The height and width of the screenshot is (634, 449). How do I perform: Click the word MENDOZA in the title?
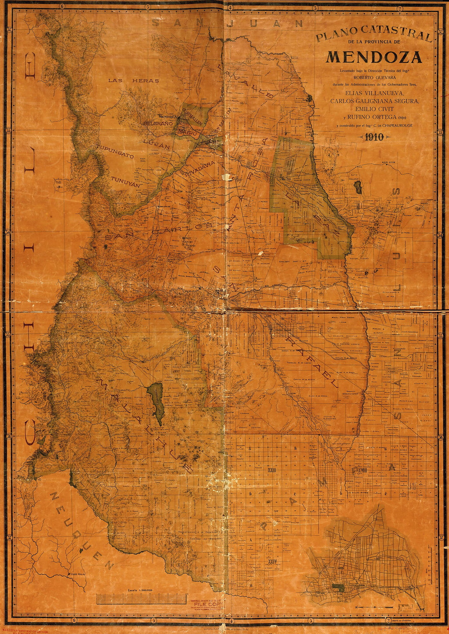click(374, 57)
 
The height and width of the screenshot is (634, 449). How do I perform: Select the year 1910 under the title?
click(374, 137)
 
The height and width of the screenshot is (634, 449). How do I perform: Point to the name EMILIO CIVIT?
click(374, 109)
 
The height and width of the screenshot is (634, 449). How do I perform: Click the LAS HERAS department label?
click(133, 81)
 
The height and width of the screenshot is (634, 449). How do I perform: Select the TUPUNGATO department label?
click(115, 151)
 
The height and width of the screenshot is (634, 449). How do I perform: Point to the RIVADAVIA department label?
click(200, 169)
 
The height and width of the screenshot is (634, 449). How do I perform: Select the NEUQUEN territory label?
click(82, 530)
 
